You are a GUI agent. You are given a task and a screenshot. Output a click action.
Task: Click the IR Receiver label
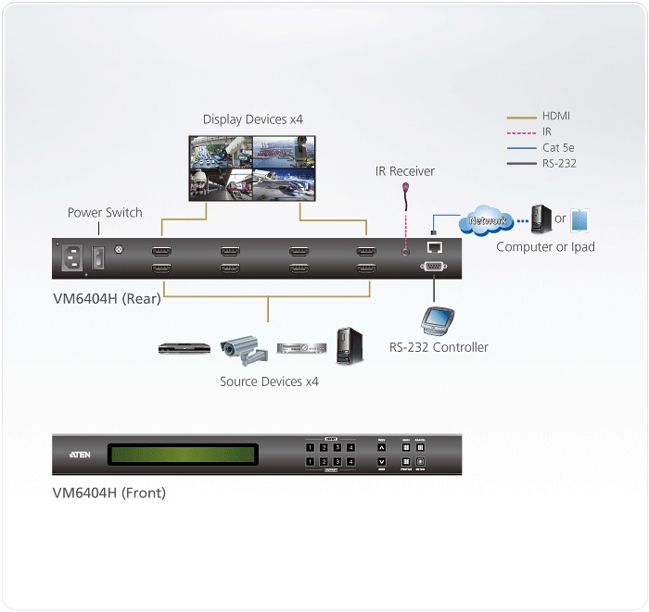click(404, 171)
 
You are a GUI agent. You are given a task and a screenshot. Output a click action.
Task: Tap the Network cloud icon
click(488, 221)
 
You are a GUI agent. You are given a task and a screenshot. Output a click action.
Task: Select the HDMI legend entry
click(556, 117)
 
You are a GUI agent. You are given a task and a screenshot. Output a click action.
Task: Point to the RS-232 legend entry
click(559, 163)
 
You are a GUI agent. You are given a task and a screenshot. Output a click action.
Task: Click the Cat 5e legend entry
click(558, 147)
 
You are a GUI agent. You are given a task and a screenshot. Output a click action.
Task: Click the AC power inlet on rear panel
click(76, 259)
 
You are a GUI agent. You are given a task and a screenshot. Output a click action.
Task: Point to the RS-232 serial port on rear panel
click(434, 269)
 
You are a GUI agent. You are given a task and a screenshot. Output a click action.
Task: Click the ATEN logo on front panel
click(80, 456)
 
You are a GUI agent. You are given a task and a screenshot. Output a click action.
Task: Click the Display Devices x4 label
click(253, 119)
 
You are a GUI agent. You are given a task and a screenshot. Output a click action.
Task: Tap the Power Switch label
click(105, 213)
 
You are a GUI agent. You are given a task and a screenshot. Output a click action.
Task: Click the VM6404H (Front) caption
click(108, 493)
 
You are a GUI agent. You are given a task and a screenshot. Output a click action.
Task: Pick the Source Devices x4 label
click(269, 381)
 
